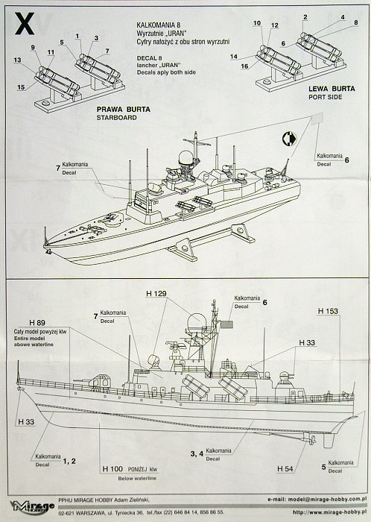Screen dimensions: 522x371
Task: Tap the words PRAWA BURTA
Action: (120, 109)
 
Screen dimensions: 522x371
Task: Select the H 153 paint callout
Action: (328, 309)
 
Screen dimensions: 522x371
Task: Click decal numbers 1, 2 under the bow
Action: (74, 462)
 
